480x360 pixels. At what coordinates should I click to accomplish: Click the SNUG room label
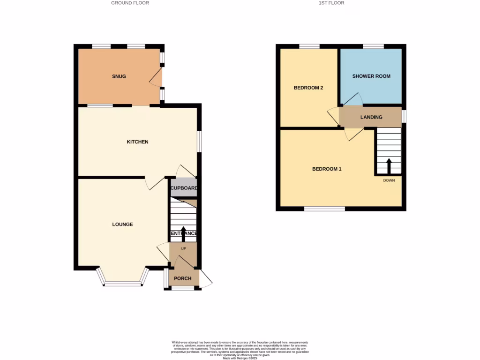tap(119, 76)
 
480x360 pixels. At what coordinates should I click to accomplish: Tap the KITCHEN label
tap(138, 142)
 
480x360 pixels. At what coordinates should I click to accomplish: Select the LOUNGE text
tap(122, 225)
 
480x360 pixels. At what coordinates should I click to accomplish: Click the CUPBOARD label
tap(183, 188)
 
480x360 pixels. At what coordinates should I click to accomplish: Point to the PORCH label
tap(183, 278)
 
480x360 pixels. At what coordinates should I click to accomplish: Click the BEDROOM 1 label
tap(327, 169)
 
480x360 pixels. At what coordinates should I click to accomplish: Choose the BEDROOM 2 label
tap(308, 88)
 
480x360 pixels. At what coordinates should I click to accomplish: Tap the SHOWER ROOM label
tap(371, 76)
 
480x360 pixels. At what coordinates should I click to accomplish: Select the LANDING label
tap(371, 117)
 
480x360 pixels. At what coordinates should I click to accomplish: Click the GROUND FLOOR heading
tap(130, 3)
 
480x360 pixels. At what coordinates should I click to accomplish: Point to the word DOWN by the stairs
tap(389, 180)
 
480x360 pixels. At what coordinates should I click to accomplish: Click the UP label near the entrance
tap(183, 248)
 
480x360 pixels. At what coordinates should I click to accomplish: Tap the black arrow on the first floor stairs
tap(389, 165)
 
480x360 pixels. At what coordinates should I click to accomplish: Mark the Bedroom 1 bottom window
tap(324, 209)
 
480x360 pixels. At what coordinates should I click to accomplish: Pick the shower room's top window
tap(373, 46)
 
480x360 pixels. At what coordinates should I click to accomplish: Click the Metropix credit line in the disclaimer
tap(240, 358)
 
